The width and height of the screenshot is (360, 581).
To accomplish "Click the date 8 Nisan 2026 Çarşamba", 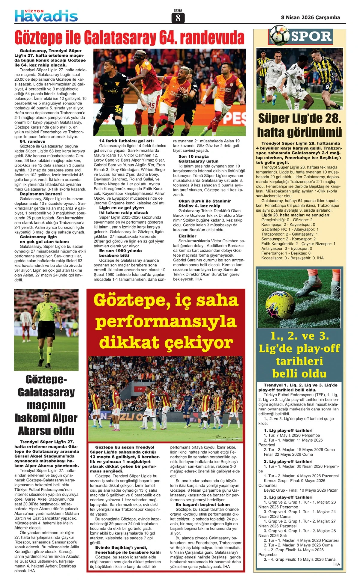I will [x=310, y=17].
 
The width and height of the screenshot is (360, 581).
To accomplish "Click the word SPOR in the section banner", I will [x=311, y=37].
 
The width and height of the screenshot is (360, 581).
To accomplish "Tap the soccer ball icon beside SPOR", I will [x=279, y=35].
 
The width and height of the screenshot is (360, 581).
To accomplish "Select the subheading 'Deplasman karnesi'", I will [x=41, y=194].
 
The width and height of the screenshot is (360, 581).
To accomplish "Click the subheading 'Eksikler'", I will [x=187, y=236].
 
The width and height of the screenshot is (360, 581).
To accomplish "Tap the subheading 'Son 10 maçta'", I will [x=193, y=156].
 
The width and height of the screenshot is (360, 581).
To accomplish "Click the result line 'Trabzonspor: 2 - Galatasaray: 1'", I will [x=289, y=234].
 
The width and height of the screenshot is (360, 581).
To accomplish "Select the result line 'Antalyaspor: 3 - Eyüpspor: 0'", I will [x=286, y=249].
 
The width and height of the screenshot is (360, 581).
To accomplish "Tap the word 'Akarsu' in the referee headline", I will [x=46, y=431].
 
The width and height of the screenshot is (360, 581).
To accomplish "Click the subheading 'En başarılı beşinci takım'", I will [x=202, y=505].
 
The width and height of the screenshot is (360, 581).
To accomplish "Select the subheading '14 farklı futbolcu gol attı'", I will [x=126, y=141].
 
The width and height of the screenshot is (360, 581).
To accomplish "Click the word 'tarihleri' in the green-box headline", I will [x=299, y=361].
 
